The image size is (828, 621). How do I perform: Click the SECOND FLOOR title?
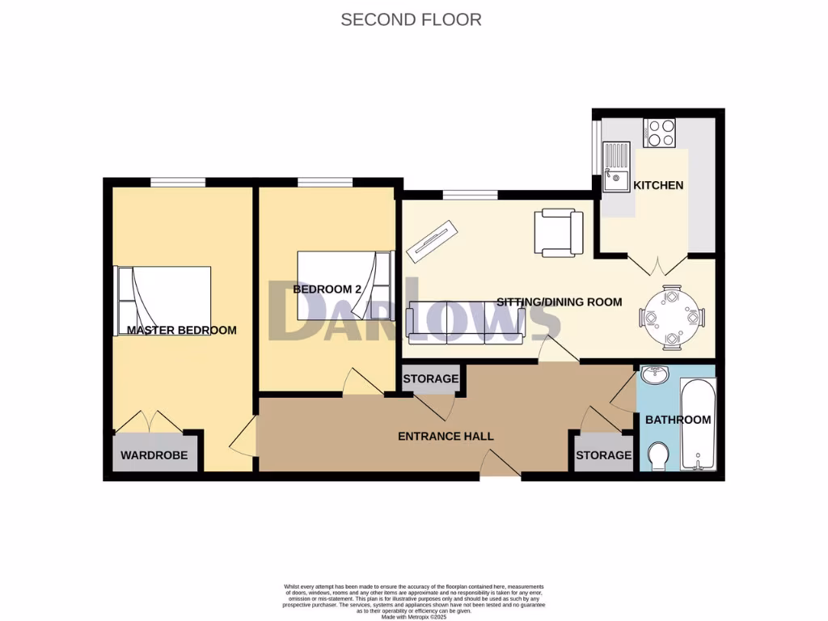411,19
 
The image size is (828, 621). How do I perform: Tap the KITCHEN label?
657,185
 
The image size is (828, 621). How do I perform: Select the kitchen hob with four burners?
659,133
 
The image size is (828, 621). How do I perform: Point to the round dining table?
670,317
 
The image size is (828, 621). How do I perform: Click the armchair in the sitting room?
558,233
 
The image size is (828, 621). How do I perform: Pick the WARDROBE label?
154,455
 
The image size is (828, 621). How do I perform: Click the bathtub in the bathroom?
697,425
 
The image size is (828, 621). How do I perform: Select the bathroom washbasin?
653,376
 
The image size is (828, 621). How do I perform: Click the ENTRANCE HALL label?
446,436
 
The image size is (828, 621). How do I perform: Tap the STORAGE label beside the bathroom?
603,455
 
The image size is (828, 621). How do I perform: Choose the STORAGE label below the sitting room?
431,378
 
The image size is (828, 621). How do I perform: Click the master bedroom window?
177,182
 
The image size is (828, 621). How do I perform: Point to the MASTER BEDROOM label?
182,330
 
